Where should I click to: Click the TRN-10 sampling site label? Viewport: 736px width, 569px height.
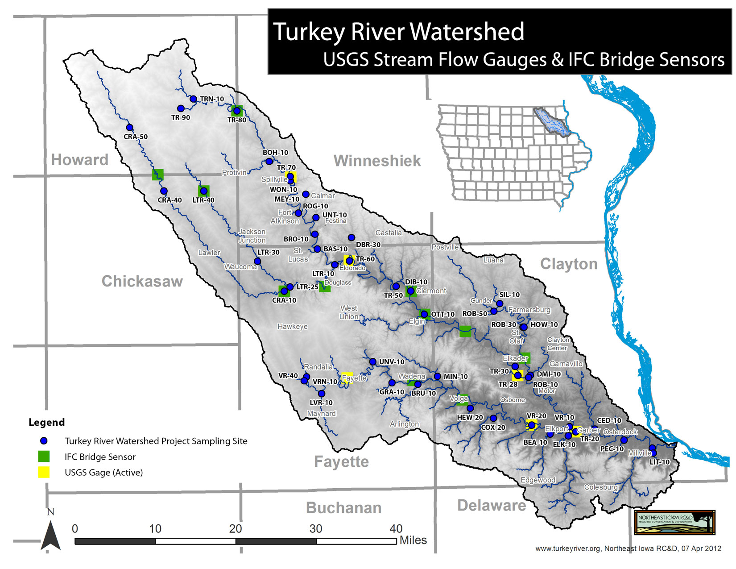coord(211,99)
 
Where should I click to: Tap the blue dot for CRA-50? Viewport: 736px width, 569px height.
coord(129,128)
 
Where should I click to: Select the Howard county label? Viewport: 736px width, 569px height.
coord(80,160)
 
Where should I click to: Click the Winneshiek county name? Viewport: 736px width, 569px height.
coord(377,161)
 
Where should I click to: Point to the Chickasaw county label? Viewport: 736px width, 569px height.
coord(142,281)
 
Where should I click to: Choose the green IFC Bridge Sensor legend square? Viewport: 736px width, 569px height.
coord(44,457)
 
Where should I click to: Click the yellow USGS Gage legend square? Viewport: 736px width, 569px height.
coord(44,472)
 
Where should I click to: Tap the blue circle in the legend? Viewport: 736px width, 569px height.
coord(44,441)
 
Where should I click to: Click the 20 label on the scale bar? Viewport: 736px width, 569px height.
coord(236,529)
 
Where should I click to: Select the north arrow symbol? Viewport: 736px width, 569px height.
coord(50,536)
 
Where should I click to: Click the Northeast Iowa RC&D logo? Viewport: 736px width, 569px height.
coord(674,523)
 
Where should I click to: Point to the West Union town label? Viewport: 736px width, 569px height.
coord(349,312)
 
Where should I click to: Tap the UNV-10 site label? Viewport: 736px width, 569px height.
coord(392,362)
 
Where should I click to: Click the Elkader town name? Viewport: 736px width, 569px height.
coord(515,358)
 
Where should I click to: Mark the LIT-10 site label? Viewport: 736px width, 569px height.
coord(659,462)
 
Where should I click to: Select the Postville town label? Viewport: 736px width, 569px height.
coord(445,247)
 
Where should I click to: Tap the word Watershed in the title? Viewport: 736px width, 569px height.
coord(467,32)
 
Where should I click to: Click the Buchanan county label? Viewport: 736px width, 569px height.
coord(343,508)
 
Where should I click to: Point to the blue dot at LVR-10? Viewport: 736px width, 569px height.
coord(322,394)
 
